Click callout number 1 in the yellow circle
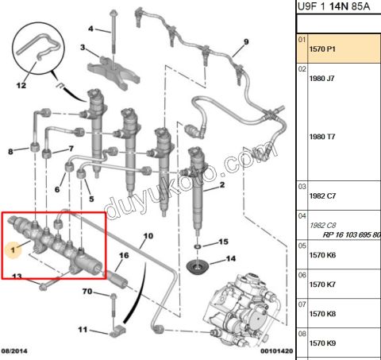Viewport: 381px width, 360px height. [12, 249]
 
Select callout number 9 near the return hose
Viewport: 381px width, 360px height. [246, 41]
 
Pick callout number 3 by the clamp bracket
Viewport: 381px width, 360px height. [83, 48]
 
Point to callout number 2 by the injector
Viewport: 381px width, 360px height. [222, 184]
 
